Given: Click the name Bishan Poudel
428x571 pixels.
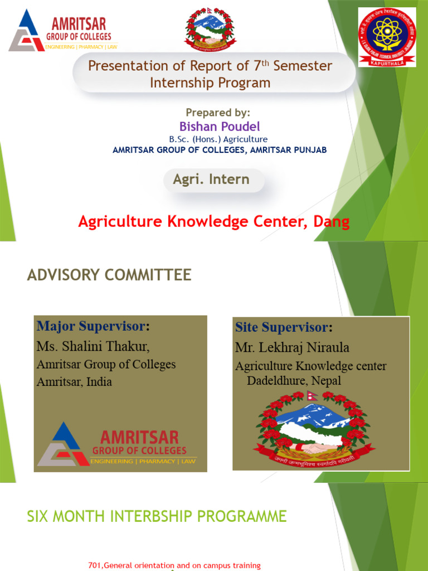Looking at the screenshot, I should tap(220, 127).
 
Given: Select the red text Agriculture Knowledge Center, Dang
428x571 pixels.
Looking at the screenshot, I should tap(214, 222).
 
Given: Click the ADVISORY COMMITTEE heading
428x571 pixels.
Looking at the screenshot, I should tap(109, 275).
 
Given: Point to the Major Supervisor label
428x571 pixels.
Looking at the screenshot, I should tap(93, 326).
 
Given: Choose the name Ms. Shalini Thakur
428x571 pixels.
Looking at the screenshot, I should tap(93, 346).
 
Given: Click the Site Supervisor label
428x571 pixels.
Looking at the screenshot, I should tap(283, 327).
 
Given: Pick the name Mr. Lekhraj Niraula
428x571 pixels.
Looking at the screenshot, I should tap(292, 348).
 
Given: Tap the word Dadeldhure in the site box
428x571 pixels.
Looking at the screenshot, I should tap(275, 381).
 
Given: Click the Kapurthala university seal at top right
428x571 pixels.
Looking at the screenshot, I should tap(387, 37).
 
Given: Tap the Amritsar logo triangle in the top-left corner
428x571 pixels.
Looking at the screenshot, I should tap(26, 32).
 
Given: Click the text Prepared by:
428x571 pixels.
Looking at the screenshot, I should tap(218, 113).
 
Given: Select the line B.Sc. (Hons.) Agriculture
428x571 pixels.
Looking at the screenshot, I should tap(218, 139).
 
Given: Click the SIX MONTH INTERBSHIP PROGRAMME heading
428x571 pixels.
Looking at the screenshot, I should tap(157, 516).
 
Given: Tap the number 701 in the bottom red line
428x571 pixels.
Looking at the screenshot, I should tap(95, 565).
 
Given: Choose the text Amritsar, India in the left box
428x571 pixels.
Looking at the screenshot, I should tap(74, 382).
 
